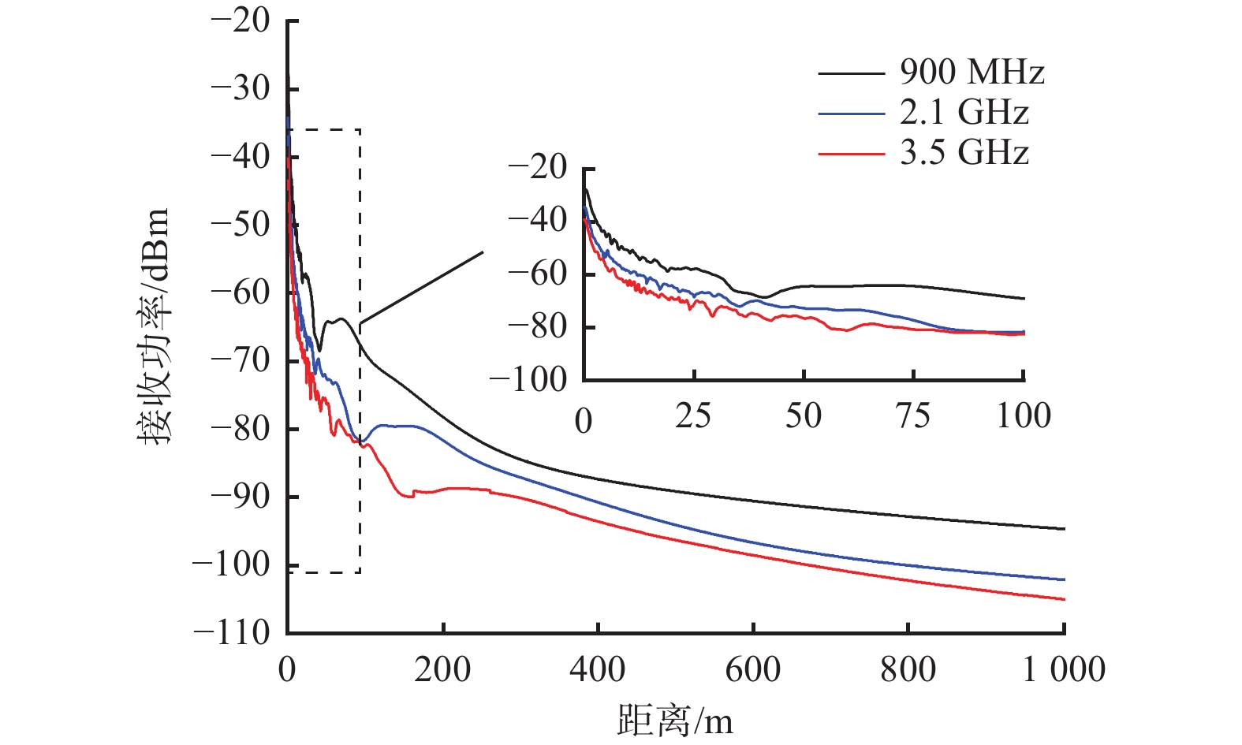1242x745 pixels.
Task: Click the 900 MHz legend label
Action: (x=972, y=73)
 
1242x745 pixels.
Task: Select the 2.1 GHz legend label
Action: (x=964, y=113)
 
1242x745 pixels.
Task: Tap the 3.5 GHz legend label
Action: (x=964, y=152)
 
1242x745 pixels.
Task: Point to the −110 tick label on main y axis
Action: (x=232, y=632)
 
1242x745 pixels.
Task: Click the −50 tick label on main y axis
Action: (x=240, y=224)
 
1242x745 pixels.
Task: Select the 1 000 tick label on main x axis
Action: (x=1064, y=669)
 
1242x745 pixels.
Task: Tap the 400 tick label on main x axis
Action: (x=598, y=669)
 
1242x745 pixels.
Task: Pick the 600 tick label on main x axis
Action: (x=753, y=669)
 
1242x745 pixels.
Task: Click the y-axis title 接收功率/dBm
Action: (x=155, y=326)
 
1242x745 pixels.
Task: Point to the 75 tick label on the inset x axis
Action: (x=913, y=416)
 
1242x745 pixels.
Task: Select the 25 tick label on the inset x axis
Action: (x=693, y=416)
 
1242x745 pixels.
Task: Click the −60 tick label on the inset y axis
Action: (x=538, y=274)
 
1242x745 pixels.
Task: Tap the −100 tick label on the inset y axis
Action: (x=528, y=380)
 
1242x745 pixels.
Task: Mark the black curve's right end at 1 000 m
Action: (x=1064, y=529)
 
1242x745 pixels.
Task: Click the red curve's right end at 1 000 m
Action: (x=1064, y=600)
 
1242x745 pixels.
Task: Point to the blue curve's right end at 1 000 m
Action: (x=1064, y=579)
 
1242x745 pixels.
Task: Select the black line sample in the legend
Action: (x=851, y=73)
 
